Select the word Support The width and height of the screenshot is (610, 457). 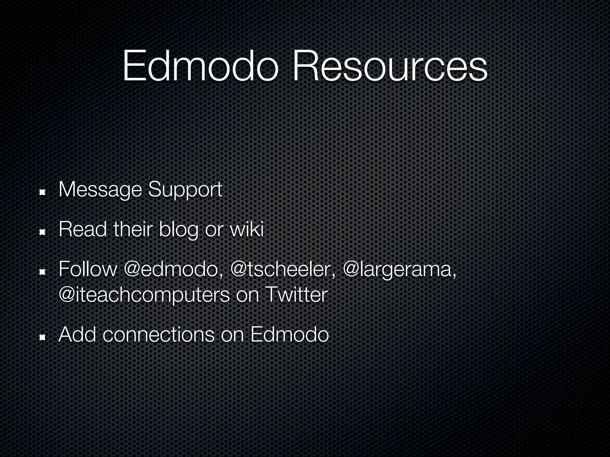[185, 190]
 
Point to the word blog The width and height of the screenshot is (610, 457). [178, 230]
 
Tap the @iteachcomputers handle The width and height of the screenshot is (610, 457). [144, 295]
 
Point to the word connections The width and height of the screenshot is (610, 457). [158, 334]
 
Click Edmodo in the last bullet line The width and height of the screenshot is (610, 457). [290, 334]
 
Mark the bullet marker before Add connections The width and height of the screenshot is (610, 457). [42, 337]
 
